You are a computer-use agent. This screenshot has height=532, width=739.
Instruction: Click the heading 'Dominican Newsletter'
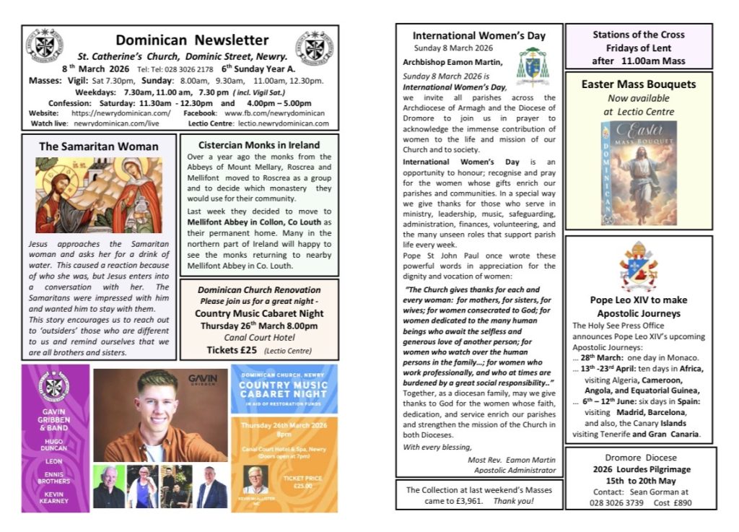click(x=192, y=40)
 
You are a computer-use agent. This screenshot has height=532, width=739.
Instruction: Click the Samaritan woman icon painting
click(x=99, y=194)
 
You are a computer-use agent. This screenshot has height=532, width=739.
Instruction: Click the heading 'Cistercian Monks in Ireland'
click(x=258, y=144)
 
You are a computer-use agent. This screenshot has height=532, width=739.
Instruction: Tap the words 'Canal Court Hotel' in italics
click(x=258, y=336)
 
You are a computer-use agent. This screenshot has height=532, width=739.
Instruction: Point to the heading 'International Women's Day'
click(x=478, y=35)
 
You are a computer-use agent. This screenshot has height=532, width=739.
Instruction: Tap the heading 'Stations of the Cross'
click(x=638, y=35)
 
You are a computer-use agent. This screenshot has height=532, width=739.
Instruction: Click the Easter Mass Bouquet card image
click(x=639, y=173)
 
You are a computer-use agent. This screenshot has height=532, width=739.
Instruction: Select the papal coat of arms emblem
click(x=639, y=266)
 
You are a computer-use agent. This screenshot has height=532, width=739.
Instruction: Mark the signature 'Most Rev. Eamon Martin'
click(x=512, y=459)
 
